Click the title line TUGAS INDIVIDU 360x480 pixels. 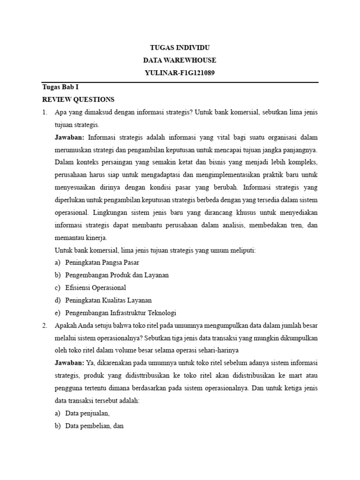pyautogui.click(x=180, y=48)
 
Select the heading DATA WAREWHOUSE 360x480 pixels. pyautogui.click(x=180, y=60)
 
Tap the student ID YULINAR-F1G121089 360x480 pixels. pyautogui.click(x=180, y=73)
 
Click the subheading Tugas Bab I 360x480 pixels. pyautogui.click(x=57, y=87)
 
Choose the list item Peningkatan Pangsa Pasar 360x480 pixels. pyautogui.click(x=102, y=262)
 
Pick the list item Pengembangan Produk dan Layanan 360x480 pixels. pyautogui.click(x=117, y=275)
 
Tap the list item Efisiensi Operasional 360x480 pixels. pyautogui.click(x=96, y=288)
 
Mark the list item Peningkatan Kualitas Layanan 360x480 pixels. pyautogui.click(x=108, y=300)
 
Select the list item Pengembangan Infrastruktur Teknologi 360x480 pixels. pyautogui.click(x=120, y=313)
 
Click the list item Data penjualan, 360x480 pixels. pyautogui.click(x=87, y=413)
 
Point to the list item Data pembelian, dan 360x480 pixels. pyautogui.click(x=94, y=426)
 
